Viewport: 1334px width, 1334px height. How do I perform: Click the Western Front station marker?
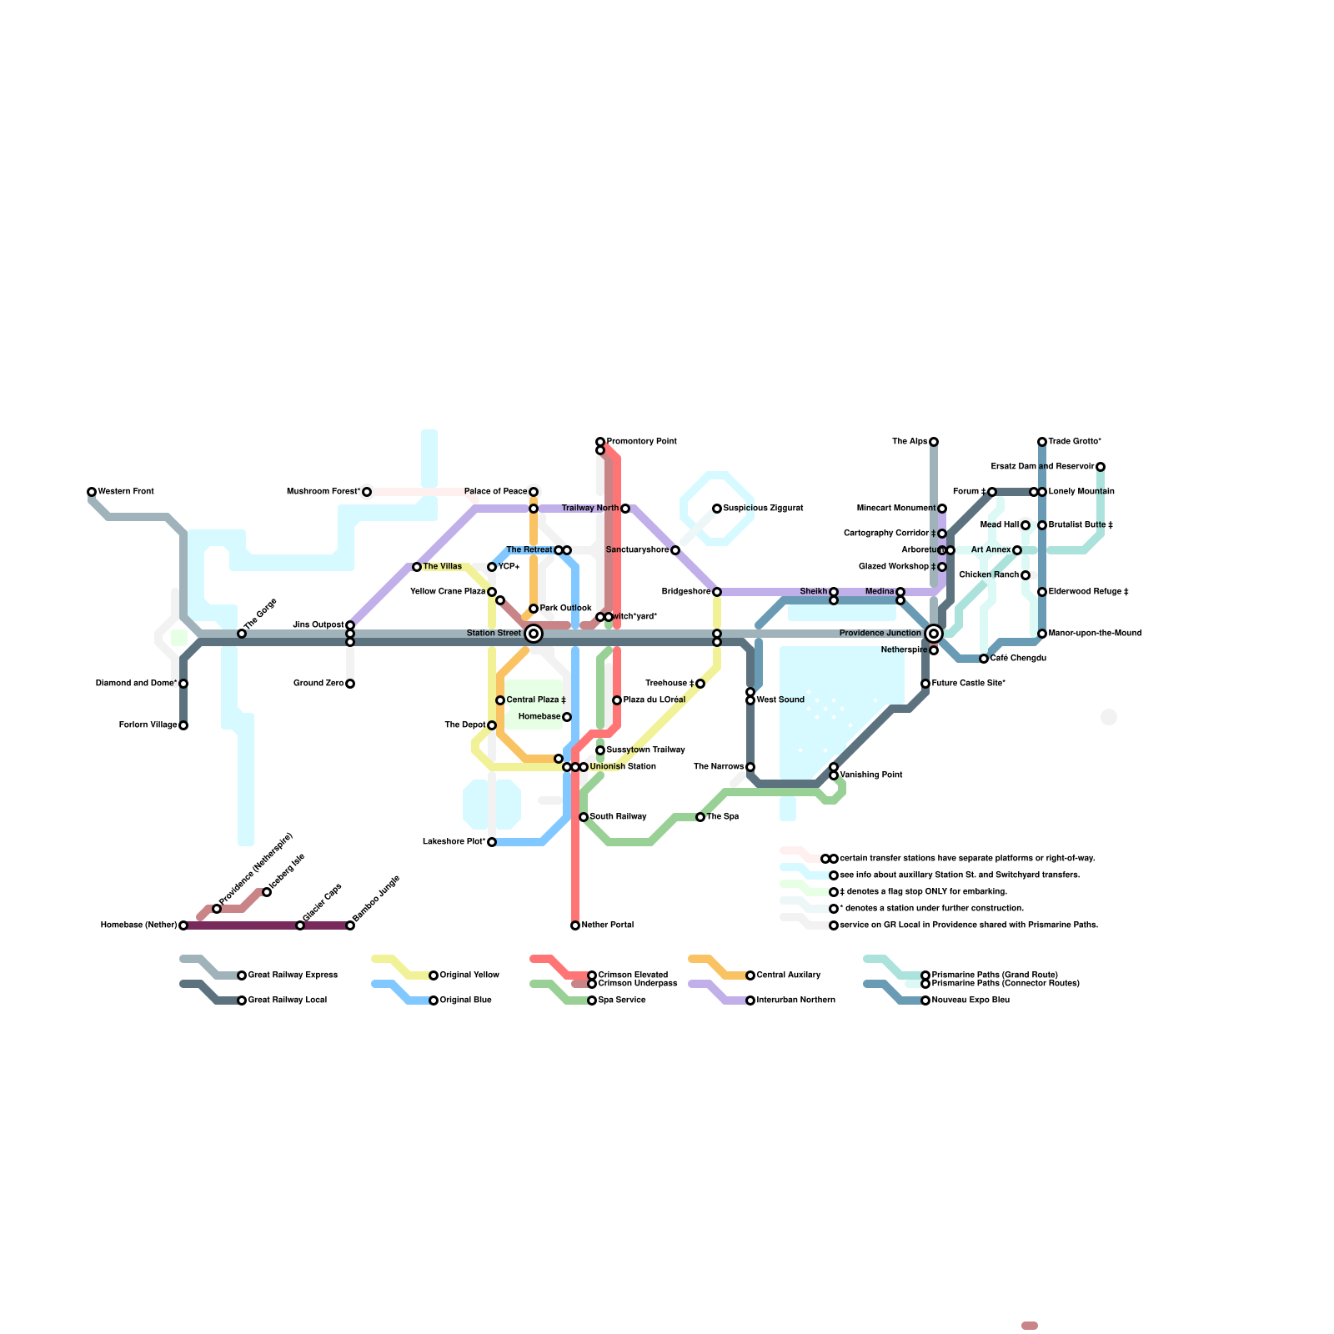[x=92, y=492]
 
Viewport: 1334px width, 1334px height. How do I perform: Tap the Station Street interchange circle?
[x=534, y=634]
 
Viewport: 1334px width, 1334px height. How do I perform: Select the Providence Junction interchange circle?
[x=934, y=634]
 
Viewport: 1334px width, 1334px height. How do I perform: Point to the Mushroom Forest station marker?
[x=367, y=492]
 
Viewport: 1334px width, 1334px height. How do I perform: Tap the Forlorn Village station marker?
[x=183, y=725]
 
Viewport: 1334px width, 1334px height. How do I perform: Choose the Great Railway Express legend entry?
[x=293, y=975]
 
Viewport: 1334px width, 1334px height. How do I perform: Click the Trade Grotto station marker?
[x=1042, y=442]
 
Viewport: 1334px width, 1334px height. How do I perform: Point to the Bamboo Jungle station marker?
[x=350, y=925]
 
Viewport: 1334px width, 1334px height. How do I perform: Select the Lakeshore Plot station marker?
[x=492, y=842]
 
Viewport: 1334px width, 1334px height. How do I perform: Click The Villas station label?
[x=442, y=567]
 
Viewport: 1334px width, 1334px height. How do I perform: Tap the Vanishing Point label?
[x=871, y=775]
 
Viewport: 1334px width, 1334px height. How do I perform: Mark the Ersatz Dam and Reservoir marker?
[x=1101, y=467]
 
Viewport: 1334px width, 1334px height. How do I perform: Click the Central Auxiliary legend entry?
[x=788, y=975]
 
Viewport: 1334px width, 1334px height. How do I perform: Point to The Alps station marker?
[x=934, y=442]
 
